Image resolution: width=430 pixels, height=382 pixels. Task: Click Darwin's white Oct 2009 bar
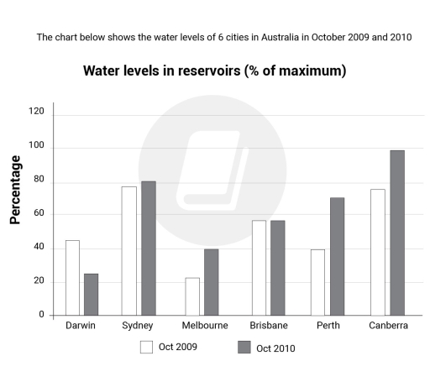(72, 278)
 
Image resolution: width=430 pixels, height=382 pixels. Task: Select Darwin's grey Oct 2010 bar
(90, 295)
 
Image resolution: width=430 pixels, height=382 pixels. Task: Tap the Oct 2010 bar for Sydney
(148, 249)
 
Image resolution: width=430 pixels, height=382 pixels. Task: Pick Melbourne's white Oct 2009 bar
(192, 296)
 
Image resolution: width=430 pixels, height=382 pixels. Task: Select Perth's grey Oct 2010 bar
(337, 257)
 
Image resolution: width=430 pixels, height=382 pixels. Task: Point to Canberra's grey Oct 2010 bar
(397, 233)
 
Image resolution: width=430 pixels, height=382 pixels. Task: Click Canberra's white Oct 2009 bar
(378, 252)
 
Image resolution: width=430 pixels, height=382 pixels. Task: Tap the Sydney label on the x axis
(137, 326)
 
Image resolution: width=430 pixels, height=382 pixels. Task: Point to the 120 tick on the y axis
(35, 111)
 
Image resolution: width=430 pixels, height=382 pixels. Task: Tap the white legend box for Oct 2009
(146, 347)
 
